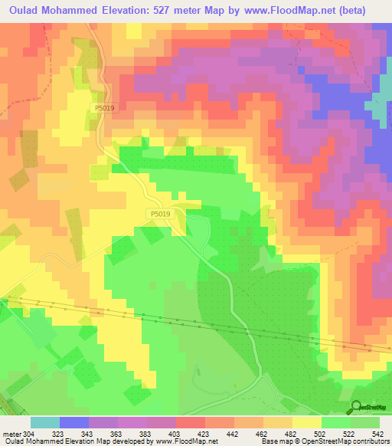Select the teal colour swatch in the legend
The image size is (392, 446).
[x=45, y=423]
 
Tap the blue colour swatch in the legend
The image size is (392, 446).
[x=74, y=423]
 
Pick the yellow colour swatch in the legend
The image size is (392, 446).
[x=307, y=423]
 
